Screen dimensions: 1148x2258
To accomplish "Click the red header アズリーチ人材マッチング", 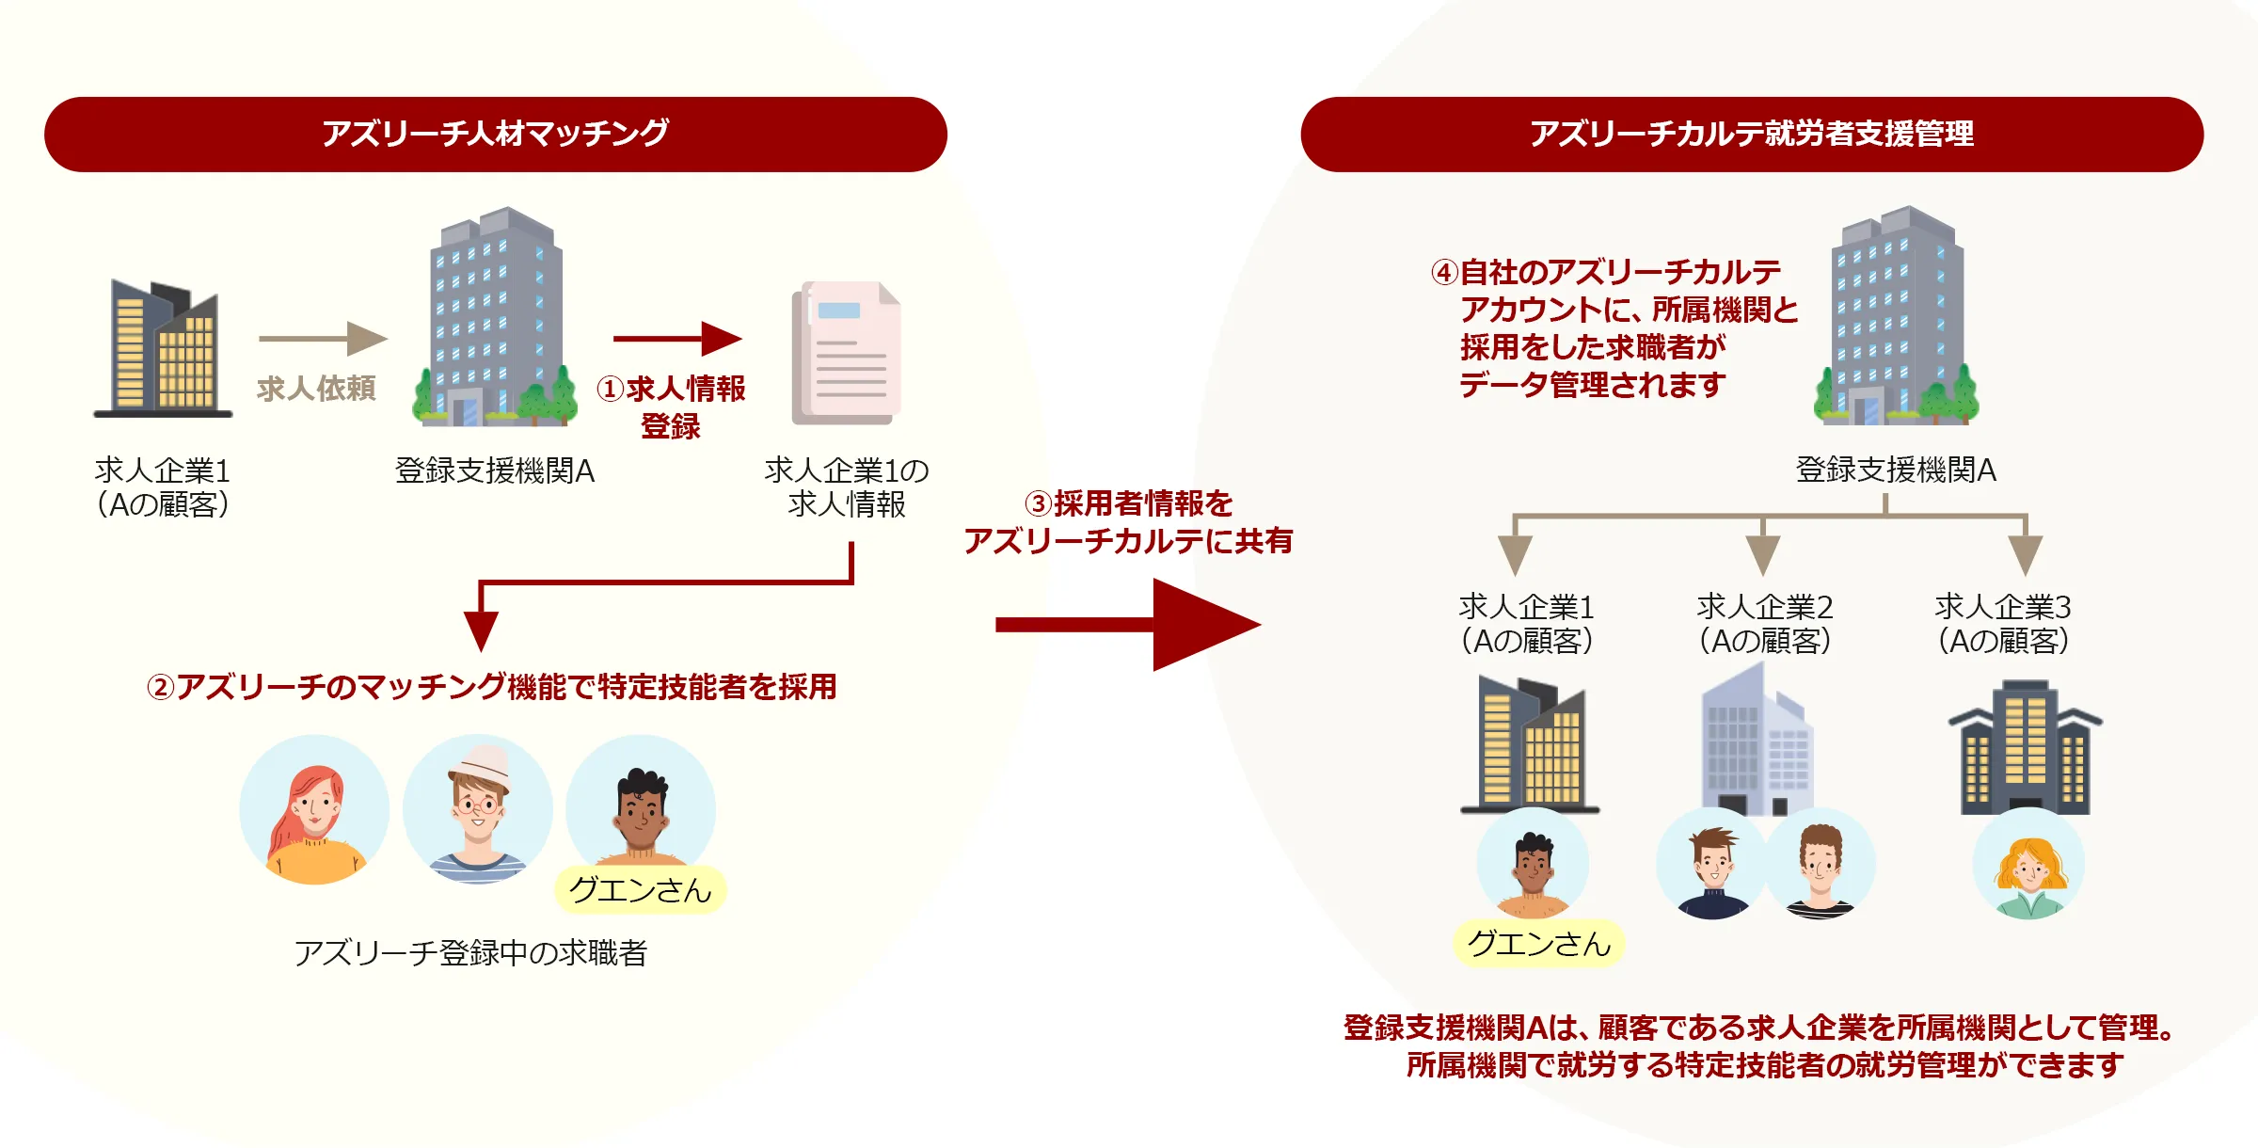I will tap(495, 134).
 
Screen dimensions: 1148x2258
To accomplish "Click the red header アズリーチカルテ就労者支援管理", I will tap(1751, 134).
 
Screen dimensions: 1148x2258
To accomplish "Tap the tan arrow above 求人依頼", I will tap(322, 338).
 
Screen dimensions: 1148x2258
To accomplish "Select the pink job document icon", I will tap(847, 353).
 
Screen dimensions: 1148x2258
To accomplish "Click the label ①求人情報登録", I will tap(671, 406).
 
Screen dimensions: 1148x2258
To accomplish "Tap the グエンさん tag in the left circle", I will tap(640, 890).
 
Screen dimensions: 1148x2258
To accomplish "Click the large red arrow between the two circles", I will tap(1129, 625).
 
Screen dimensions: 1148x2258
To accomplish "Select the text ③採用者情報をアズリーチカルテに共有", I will tap(1128, 522).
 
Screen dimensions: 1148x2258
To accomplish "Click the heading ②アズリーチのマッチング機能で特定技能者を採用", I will tap(491, 687).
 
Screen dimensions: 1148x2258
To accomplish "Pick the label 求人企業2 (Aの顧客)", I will tap(1764, 623).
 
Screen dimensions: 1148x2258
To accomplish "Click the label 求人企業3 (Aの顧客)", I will tap(2002, 623).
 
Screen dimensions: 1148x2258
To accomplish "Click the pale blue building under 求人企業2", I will tap(1757, 739).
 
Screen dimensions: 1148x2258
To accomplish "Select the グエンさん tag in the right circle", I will tap(1539, 944).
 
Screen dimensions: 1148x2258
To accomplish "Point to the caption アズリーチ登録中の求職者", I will tap(470, 953).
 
